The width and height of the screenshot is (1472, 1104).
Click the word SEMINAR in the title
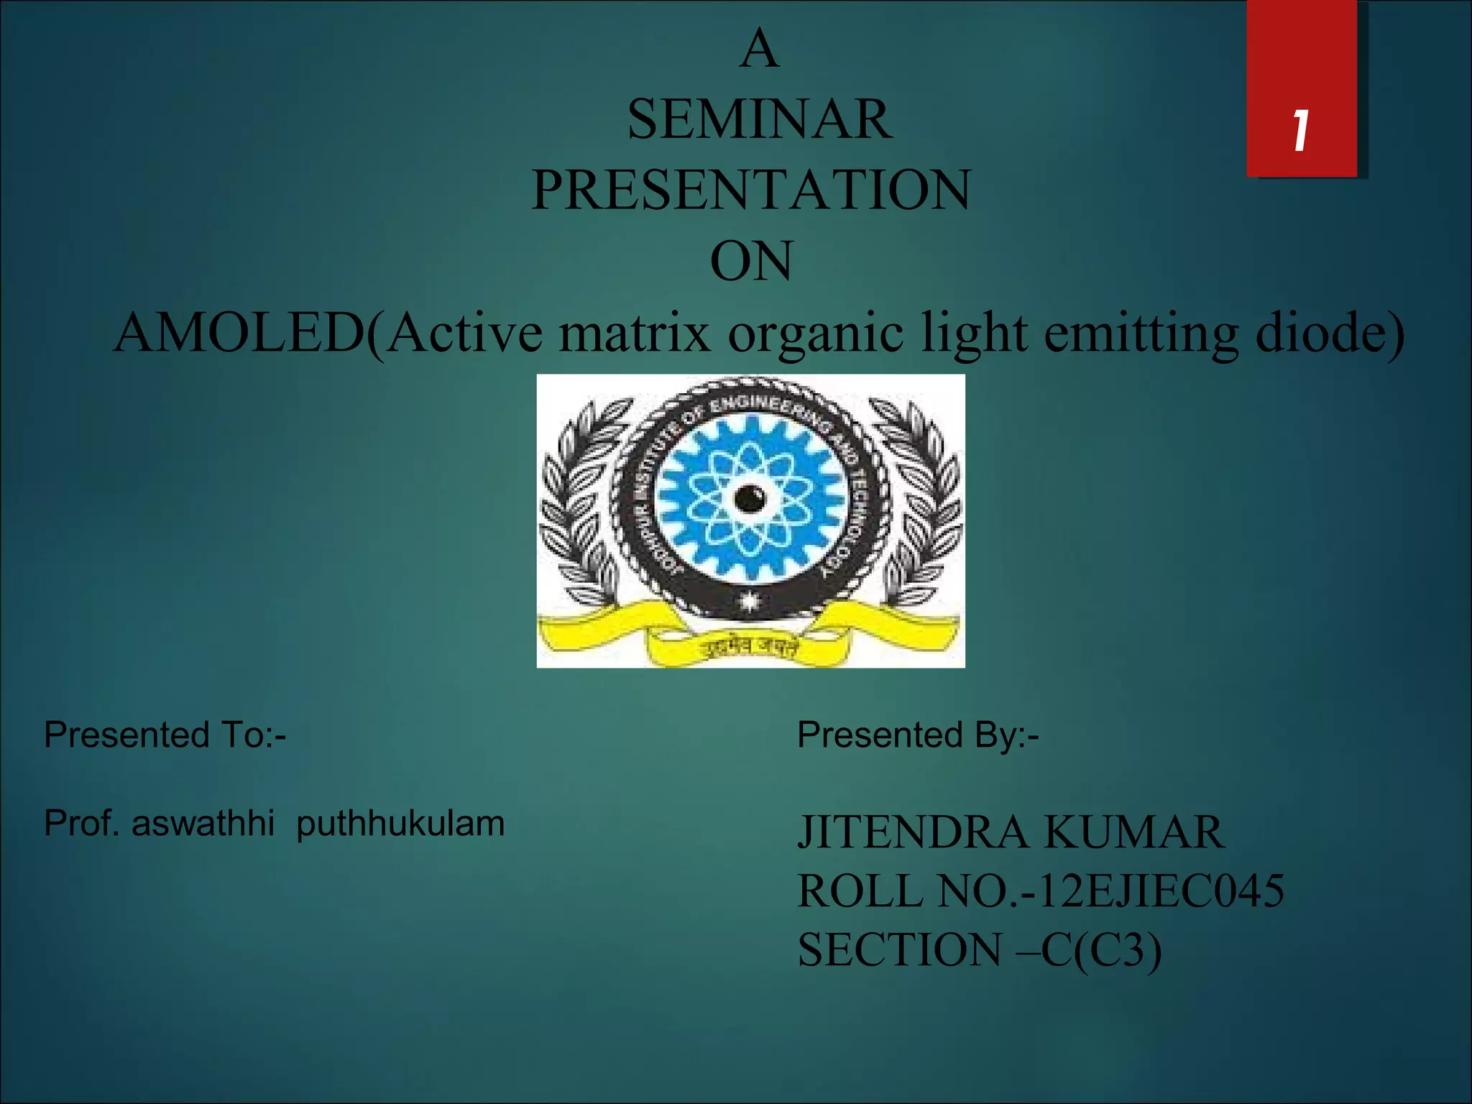point(760,120)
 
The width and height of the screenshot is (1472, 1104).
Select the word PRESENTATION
point(751,190)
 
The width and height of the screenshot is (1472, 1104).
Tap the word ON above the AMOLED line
point(751,262)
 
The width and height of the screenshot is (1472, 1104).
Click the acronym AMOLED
point(241,333)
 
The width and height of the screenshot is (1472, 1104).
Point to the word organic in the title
point(815,333)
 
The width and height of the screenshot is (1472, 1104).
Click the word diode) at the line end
point(1329,333)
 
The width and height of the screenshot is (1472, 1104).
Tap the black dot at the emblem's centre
point(750,498)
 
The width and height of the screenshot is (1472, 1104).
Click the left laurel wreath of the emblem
point(579,503)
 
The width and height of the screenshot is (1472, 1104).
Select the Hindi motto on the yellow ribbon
point(750,648)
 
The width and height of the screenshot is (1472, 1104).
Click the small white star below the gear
point(749,600)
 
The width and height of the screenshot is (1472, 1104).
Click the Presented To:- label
point(165,735)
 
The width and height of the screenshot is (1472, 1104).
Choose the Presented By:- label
point(918,735)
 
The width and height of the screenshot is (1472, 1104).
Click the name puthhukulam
point(400,824)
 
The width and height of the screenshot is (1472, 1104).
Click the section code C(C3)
point(1100,950)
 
